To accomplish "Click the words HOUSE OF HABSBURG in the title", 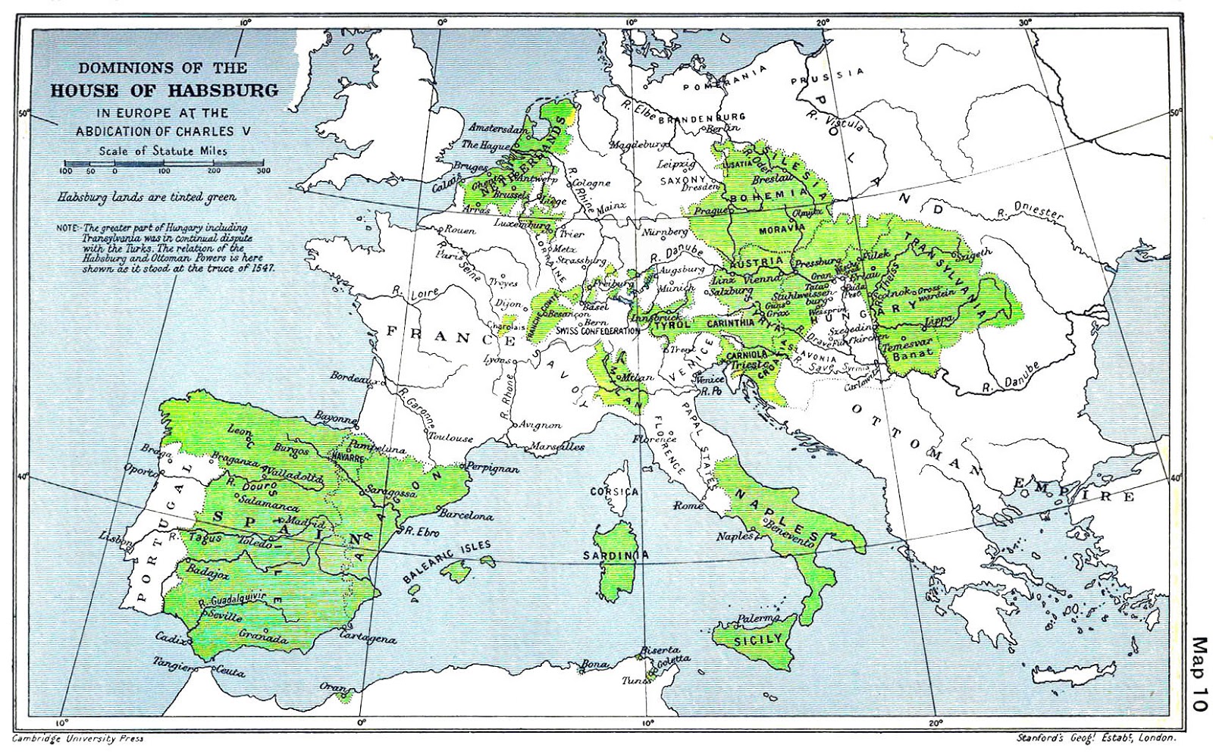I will (x=165, y=91).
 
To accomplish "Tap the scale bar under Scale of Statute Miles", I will (x=164, y=163).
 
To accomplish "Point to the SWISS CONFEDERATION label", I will (x=599, y=331).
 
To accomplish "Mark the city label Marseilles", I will (x=558, y=447).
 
